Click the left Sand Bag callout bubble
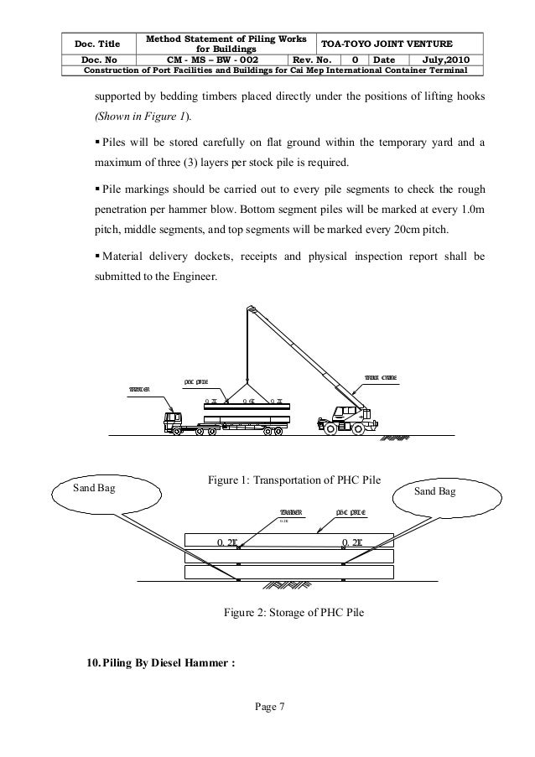coord(85,488)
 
